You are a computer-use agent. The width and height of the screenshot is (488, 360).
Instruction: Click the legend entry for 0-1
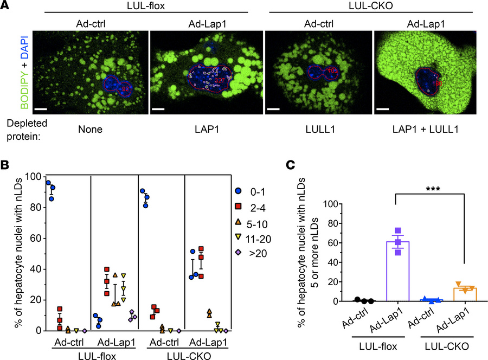pyautogui.click(x=254, y=191)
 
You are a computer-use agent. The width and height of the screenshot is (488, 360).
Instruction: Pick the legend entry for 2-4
pyautogui.click(x=254, y=206)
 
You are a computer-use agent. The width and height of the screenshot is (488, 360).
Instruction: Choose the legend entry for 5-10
pyautogui.click(x=254, y=221)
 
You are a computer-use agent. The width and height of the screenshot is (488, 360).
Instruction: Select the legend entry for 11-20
pyautogui.click(x=254, y=236)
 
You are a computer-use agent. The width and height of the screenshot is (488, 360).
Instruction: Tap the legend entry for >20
pyautogui.click(x=254, y=251)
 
